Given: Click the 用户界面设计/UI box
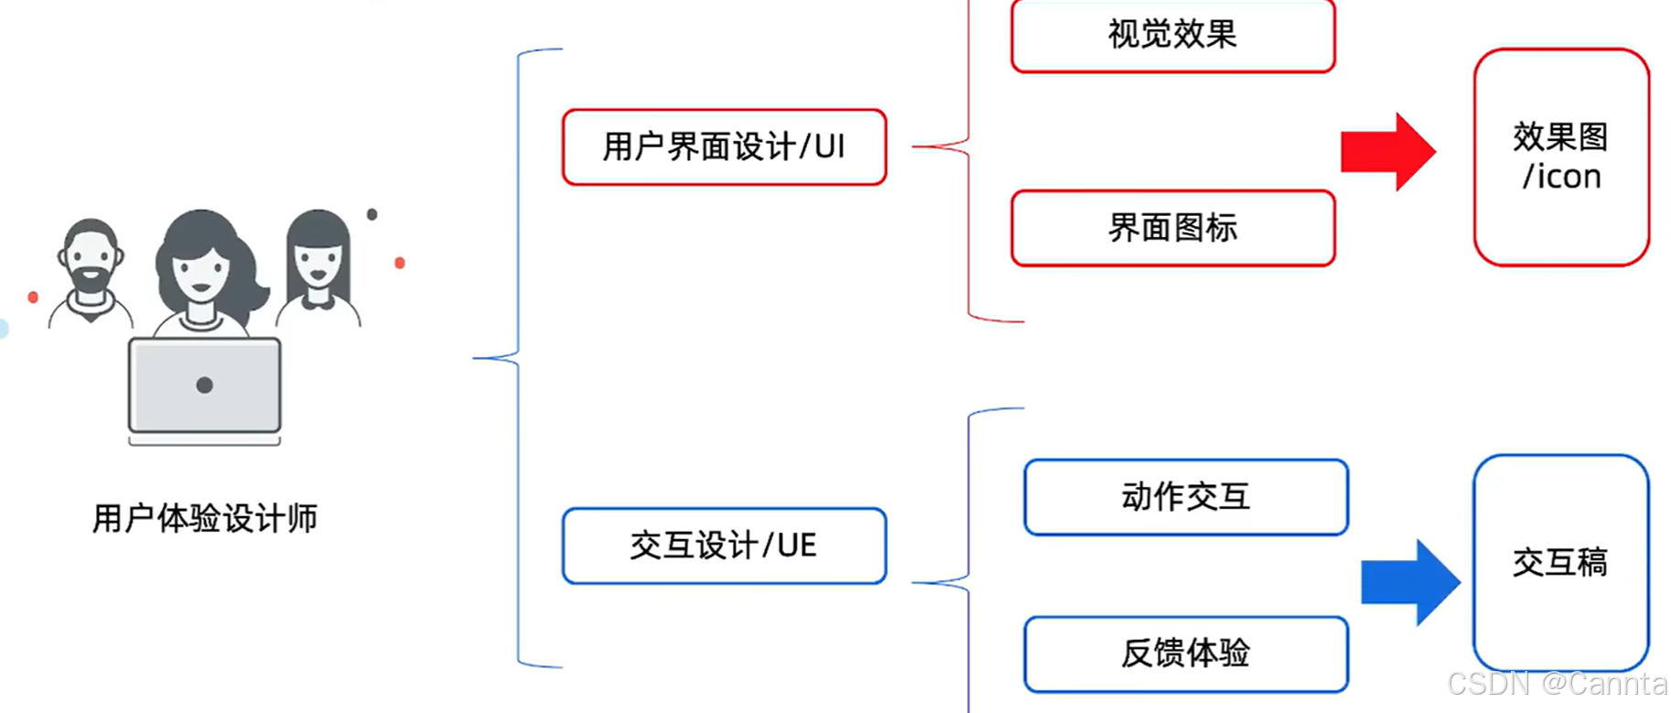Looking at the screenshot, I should [x=724, y=147].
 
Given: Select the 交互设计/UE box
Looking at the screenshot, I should [x=724, y=546].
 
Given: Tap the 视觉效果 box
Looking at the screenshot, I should [x=1172, y=36].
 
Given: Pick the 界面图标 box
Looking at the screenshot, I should [x=1172, y=228].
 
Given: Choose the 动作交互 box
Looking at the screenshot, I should [x=1185, y=497].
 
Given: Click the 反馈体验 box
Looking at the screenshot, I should [x=1185, y=654].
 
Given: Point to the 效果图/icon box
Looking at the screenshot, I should [x=1560, y=157].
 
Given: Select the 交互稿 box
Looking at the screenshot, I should [x=1560, y=562].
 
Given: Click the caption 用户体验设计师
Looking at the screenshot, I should [x=204, y=518].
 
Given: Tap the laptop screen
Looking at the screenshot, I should [x=204, y=385].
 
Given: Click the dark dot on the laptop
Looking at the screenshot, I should [x=204, y=385].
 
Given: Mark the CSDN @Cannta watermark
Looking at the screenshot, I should [x=1557, y=684].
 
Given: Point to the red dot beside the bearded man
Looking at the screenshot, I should [x=33, y=297].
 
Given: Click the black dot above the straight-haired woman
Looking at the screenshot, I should [x=372, y=214].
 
